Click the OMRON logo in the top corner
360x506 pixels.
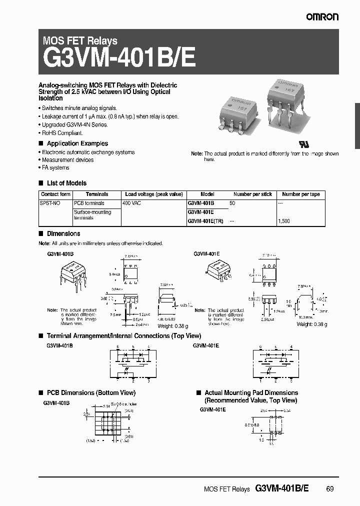[322, 17]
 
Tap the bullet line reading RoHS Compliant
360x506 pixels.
[62, 133]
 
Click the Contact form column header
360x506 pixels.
[55, 194]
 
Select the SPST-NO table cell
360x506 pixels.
[50, 203]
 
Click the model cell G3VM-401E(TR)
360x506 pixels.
[205, 220]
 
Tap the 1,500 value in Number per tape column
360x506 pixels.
[283, 220]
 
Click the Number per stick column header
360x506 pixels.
[252, 194]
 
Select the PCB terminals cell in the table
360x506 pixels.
[89, 203]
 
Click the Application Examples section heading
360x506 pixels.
[77, 143]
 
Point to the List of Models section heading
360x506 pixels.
[66, 183]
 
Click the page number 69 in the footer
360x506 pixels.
[329, 488]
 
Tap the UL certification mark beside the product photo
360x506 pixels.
[304, 143]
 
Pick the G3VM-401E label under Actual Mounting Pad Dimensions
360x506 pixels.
[213, 409]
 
